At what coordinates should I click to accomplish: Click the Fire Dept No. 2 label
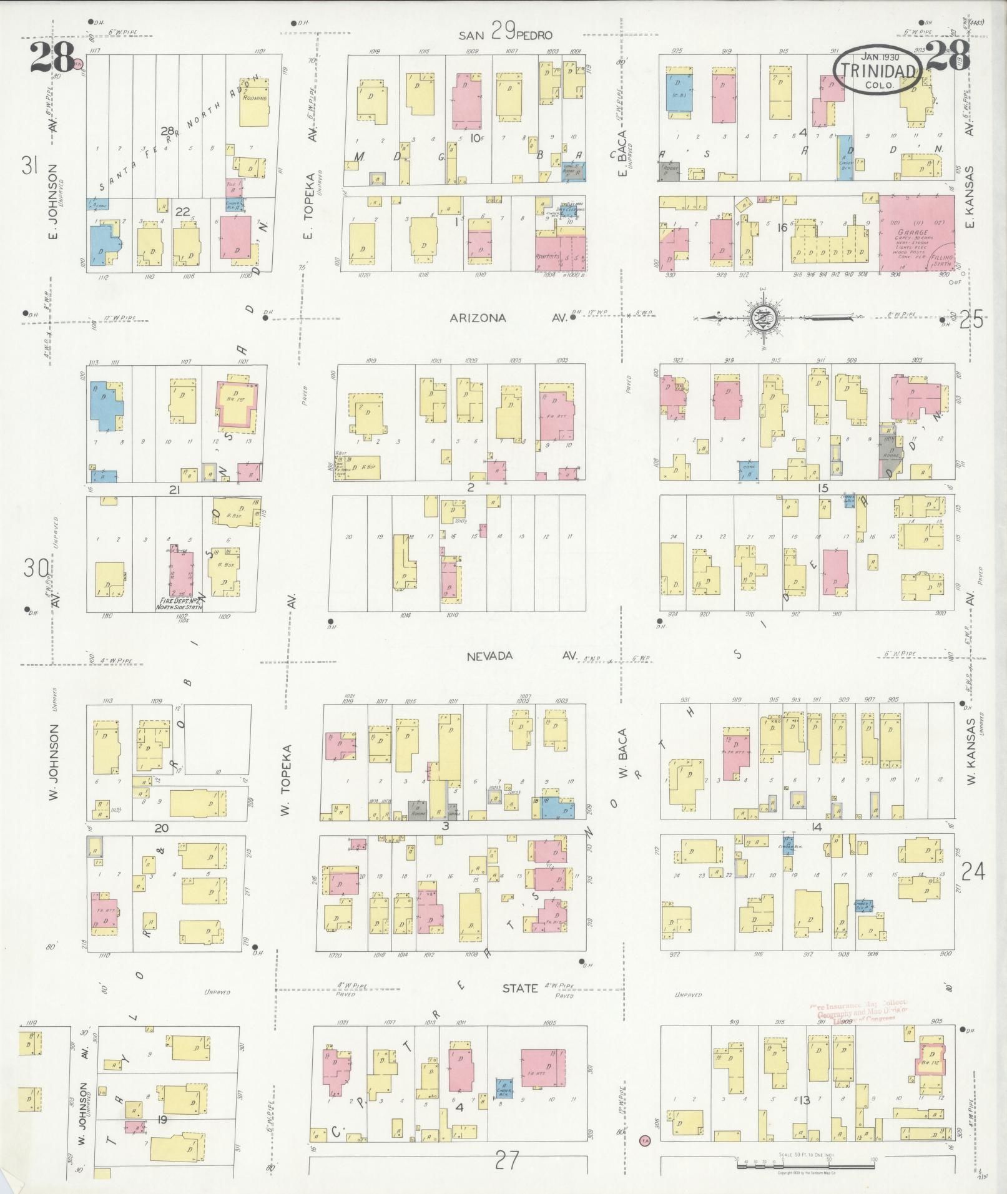[x=180, y=604]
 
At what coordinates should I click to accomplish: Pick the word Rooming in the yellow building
[x=255, y=98]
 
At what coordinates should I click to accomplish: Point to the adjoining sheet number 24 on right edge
[x=973, y=870]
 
